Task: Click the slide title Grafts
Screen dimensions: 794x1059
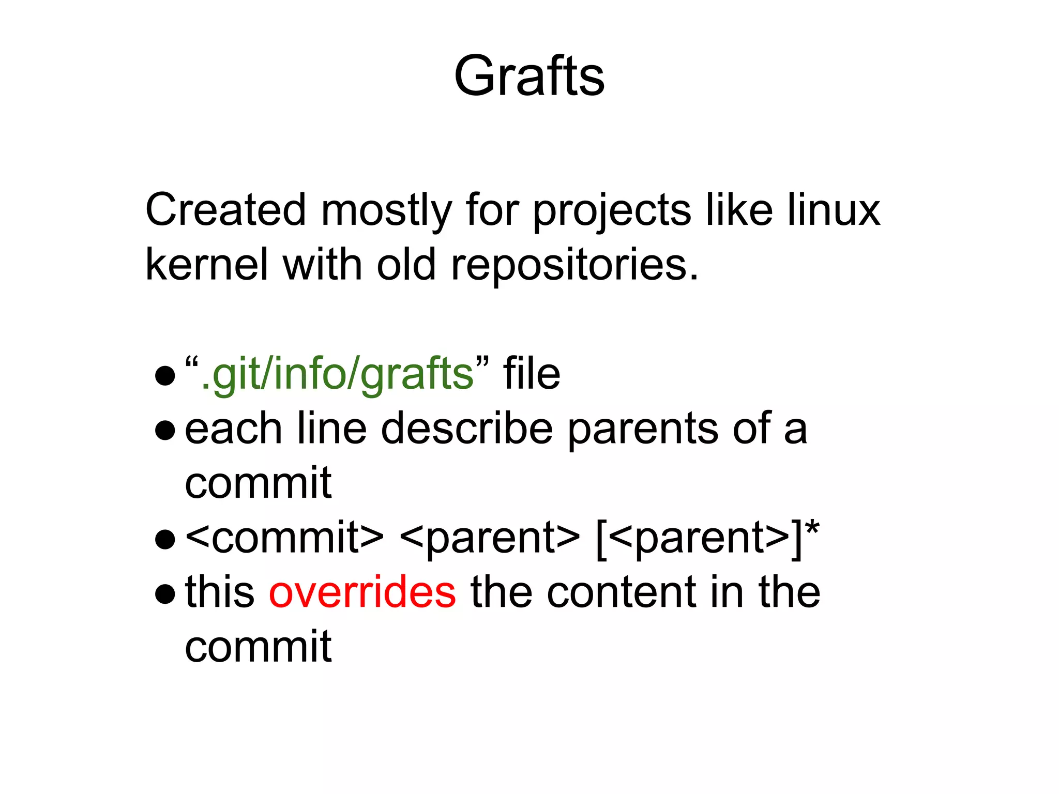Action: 529,77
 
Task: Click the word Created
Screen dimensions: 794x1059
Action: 225,210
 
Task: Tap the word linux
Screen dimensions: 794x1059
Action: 834,210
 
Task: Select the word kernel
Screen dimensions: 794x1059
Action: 207,265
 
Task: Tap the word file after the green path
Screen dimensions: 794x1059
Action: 532,373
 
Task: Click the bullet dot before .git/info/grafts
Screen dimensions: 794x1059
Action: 165,376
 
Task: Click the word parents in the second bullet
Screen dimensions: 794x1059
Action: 643,429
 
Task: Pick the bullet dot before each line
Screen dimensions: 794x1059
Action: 165,431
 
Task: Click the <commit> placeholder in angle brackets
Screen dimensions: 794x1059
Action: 284,538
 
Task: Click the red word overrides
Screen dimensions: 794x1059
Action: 362,592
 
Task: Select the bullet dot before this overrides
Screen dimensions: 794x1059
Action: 165,594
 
